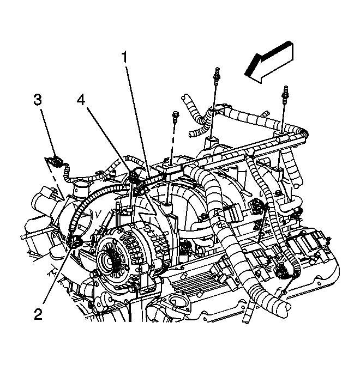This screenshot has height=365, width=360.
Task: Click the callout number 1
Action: click(x=125, y=57)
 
